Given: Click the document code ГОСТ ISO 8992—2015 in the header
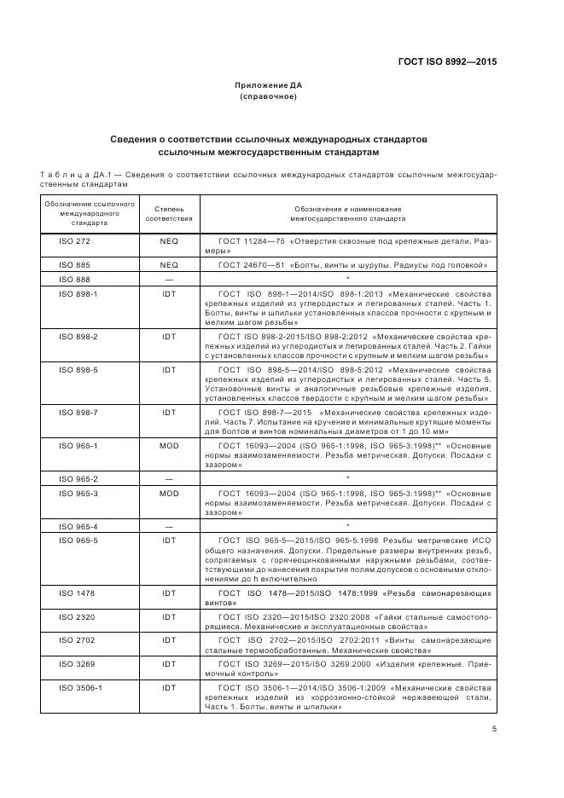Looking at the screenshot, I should pos(448,62).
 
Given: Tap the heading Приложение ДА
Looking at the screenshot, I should pos(269,85).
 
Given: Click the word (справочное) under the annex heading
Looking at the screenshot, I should pos(269,96).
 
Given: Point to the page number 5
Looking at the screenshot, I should pos(494,728).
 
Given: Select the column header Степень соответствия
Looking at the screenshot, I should pos(169,213).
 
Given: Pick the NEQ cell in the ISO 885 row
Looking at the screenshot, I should pos(169,265).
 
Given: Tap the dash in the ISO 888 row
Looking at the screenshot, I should pos(169,280).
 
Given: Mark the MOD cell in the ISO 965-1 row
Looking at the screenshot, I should pos(169,445).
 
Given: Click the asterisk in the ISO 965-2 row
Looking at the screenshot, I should pos(348,479).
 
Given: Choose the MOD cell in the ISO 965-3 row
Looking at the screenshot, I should pos(169,493).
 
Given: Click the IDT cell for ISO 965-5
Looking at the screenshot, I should pos(169,541).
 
